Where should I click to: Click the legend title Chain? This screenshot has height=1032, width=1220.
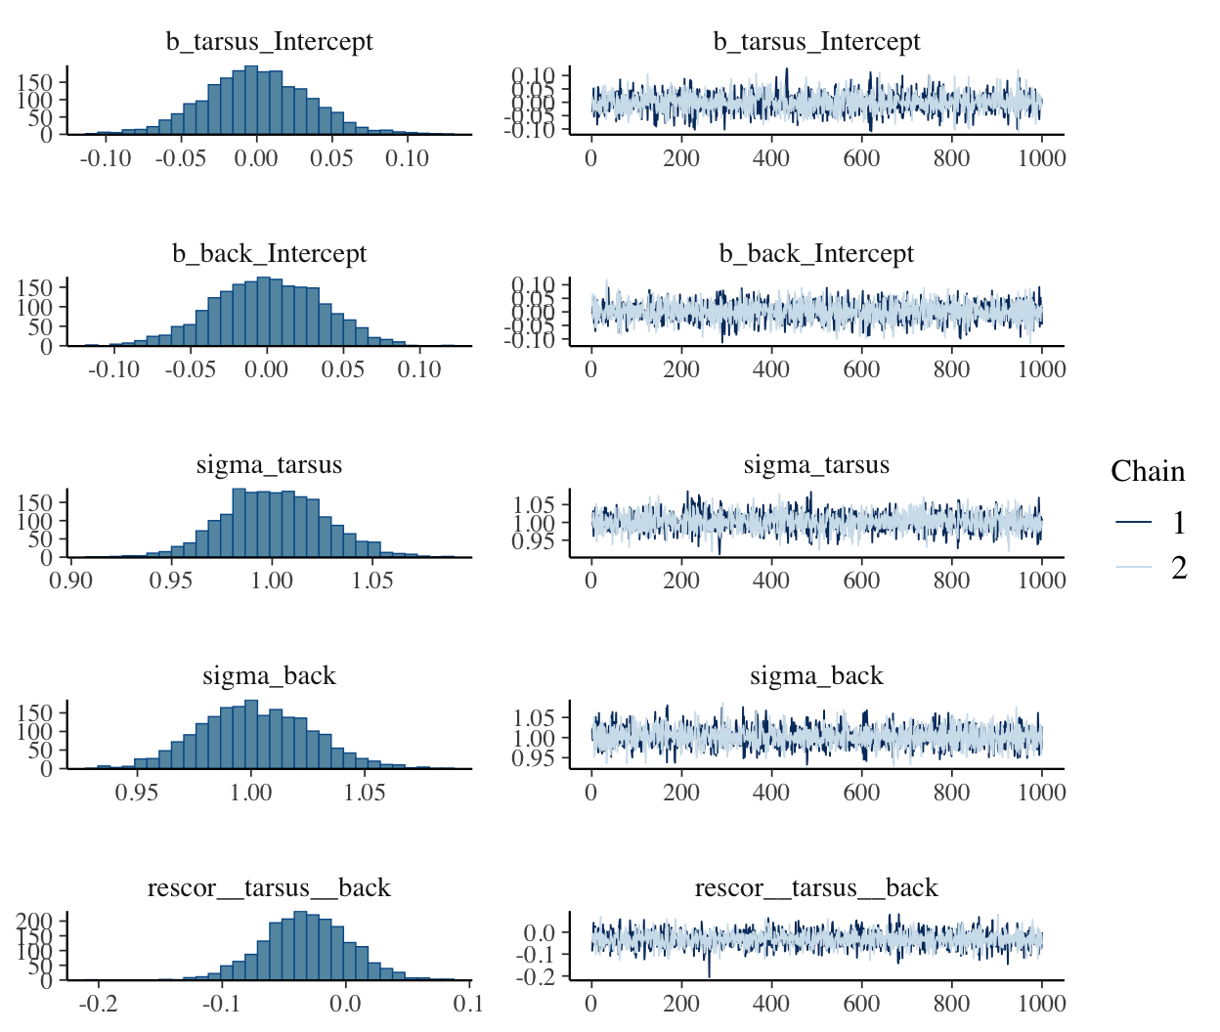click(1148, 472)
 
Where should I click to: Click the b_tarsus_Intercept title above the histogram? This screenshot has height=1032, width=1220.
click(269, 42)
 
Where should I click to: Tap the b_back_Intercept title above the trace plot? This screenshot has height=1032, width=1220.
click(816, 254)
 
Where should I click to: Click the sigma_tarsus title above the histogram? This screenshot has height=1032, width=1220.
click(269, 465)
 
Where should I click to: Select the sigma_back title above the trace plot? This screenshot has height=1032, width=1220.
click(816, 676)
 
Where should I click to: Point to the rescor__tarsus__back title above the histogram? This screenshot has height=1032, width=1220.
click(269, 888)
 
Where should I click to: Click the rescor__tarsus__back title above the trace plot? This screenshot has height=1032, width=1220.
click(816, 888)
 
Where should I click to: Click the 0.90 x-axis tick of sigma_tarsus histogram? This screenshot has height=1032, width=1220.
click(70, 580)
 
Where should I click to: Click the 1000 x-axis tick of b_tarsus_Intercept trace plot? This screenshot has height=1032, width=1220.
click(1041, 158)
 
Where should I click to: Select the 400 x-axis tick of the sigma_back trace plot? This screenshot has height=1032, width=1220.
click(771, 793)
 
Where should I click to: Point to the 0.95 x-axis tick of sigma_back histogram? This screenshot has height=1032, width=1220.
click(137, 793)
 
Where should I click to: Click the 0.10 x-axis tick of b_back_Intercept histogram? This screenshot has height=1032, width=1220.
click(419, 369)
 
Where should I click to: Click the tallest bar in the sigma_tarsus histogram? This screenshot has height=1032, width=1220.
click(239, 523)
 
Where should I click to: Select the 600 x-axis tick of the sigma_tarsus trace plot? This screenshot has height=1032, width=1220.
click(861, 580)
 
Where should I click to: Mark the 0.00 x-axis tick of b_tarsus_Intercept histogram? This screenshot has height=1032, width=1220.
click(256, 158)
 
